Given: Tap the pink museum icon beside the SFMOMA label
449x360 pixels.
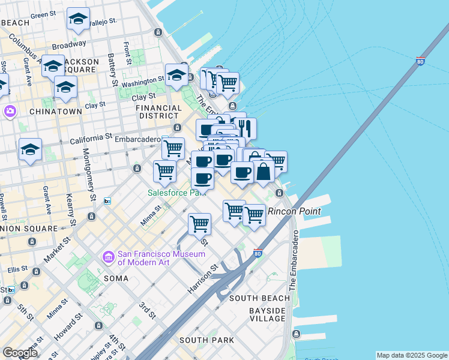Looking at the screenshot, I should click(x=109, y=257).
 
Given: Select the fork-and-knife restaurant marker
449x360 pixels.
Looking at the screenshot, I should click(x=245, y=128).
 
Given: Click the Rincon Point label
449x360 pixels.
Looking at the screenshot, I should click(x=294, y=211).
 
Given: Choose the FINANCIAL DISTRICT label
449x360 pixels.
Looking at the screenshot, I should click(x=158, y=112).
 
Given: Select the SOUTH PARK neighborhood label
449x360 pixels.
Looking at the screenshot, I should click(x=207, y=340).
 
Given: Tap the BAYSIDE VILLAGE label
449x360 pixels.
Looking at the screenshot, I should click(x=267, y=314).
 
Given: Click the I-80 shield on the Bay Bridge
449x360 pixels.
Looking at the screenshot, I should click(x=420, y=61).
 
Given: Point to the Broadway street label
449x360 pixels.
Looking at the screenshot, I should click(x=68, y=45).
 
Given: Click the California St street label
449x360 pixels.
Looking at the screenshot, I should click(x=91, y=139).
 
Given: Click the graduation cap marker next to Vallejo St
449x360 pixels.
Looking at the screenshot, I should click(x=78, y=19).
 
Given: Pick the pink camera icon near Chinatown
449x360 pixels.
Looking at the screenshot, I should click(x=10, y=111).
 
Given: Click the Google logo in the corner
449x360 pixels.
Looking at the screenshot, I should click(x=20, y=352).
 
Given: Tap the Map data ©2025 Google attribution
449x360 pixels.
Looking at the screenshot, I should click(x=411, y=355).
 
